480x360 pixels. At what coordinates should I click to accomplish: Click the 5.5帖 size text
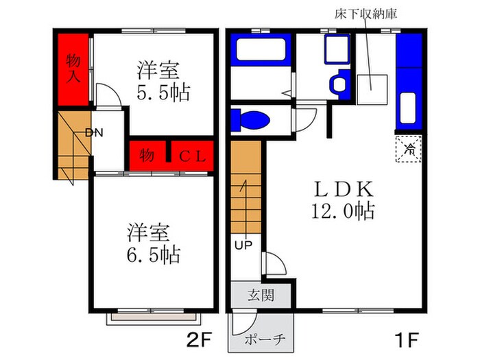pyautogui.click(x=163, y=92)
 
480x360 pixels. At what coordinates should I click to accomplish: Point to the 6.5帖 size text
pyautogui.click(x=153, y=254)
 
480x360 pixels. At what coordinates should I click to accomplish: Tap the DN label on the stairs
pyautogui.click(x=94, y=132)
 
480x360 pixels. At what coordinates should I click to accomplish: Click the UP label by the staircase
pyautogui.click(x=243, y=245)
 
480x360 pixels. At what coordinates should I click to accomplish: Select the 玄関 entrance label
pyautogui.click(x=261, y=296)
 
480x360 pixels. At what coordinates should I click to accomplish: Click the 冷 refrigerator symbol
pyautogui.click(x=409, y=147)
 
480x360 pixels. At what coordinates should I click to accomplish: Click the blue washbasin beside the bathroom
pyautogui.click(x=338, y=84)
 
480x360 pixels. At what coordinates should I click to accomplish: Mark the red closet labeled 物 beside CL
pyautogui.click(x=147, y=156)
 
